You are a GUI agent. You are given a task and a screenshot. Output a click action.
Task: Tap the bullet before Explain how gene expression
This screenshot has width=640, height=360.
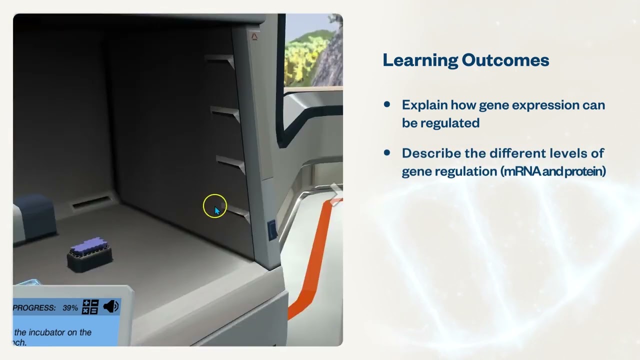point(387,104)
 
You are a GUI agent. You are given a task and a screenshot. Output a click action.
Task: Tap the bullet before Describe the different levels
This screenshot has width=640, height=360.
point(387,152)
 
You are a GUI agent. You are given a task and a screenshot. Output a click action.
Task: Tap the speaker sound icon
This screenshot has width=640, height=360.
point(110,306)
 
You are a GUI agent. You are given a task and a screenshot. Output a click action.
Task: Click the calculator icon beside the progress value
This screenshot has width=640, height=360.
point(90,307)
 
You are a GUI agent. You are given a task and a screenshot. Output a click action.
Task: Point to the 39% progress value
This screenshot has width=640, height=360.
point(70,308)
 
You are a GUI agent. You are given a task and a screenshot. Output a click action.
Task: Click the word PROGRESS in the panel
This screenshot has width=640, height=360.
point(34,308)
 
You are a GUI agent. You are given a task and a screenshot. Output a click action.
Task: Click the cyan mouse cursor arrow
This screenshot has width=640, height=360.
point(217,211)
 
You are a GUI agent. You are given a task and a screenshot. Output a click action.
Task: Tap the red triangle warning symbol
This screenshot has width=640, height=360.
point(254,36)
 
